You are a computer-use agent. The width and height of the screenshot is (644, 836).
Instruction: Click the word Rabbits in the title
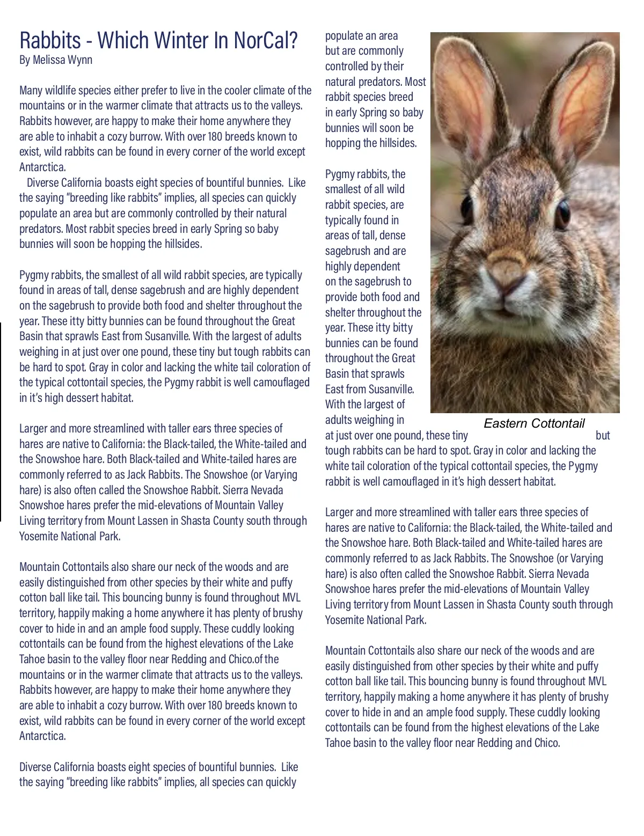[x=50, y=40]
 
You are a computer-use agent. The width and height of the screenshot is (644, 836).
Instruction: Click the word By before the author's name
[x=25, y=60]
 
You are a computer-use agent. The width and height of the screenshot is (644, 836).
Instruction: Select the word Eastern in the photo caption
[x=506, y=423]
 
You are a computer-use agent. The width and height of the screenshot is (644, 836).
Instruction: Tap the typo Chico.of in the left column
[x=246, y=659]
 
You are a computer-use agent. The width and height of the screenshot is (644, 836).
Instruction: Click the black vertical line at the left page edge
[x=1, y=421]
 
